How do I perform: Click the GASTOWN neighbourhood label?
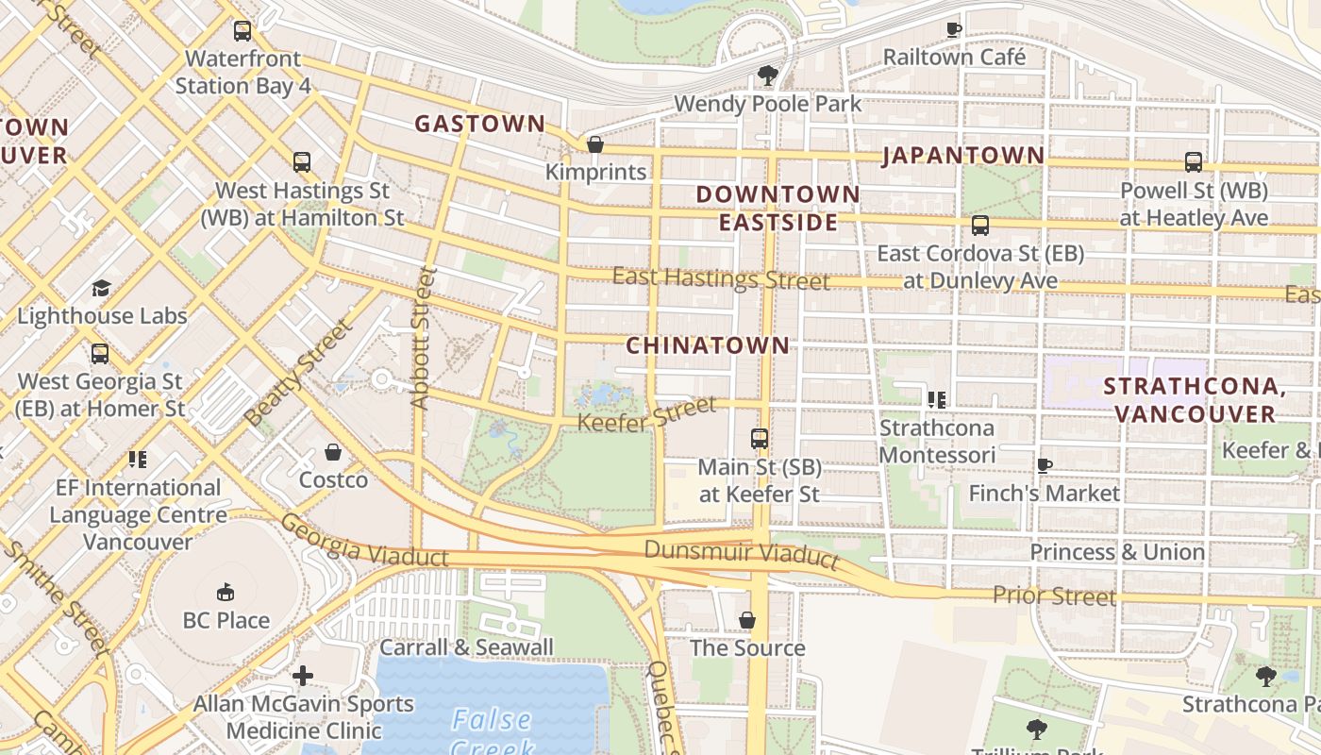479,124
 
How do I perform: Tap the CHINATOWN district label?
708,345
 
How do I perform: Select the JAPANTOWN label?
963,156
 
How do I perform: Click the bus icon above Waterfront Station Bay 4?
242,31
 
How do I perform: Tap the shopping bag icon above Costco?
333,452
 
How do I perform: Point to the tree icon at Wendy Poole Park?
768,75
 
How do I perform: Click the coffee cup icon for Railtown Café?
954,29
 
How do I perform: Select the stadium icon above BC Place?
226,593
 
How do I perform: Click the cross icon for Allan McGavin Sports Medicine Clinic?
303,676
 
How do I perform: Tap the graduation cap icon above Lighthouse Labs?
101,288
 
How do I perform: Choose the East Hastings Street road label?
721,278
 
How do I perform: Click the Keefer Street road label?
646,415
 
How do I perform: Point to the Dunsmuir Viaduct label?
742,553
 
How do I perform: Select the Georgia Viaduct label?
364,542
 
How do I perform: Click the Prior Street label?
1054,596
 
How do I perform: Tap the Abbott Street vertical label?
423,338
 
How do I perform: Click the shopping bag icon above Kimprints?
595,144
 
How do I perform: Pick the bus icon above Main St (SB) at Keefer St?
760,439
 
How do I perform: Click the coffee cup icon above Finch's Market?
1045,465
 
